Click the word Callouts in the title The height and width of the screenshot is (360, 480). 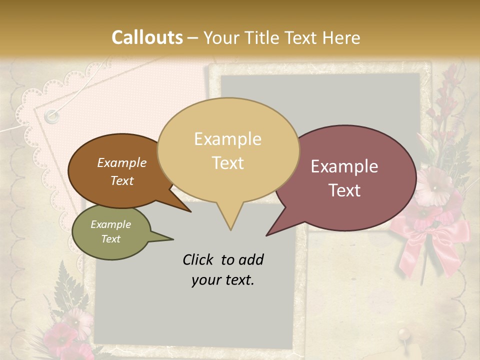click(x=147, y=37)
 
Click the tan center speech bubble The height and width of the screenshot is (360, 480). click(x=228, y=150)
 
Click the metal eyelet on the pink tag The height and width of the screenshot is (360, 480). click(x=51, y=116)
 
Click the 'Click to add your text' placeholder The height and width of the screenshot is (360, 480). click(x=223, y=270)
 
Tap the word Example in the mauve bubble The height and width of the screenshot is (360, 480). click(x=344, y=166)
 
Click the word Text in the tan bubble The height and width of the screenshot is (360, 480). click(x=228, y=163)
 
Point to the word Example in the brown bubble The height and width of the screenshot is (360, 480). click(x=121, y=162)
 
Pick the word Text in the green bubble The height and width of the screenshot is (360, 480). click(x=110, y=239)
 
